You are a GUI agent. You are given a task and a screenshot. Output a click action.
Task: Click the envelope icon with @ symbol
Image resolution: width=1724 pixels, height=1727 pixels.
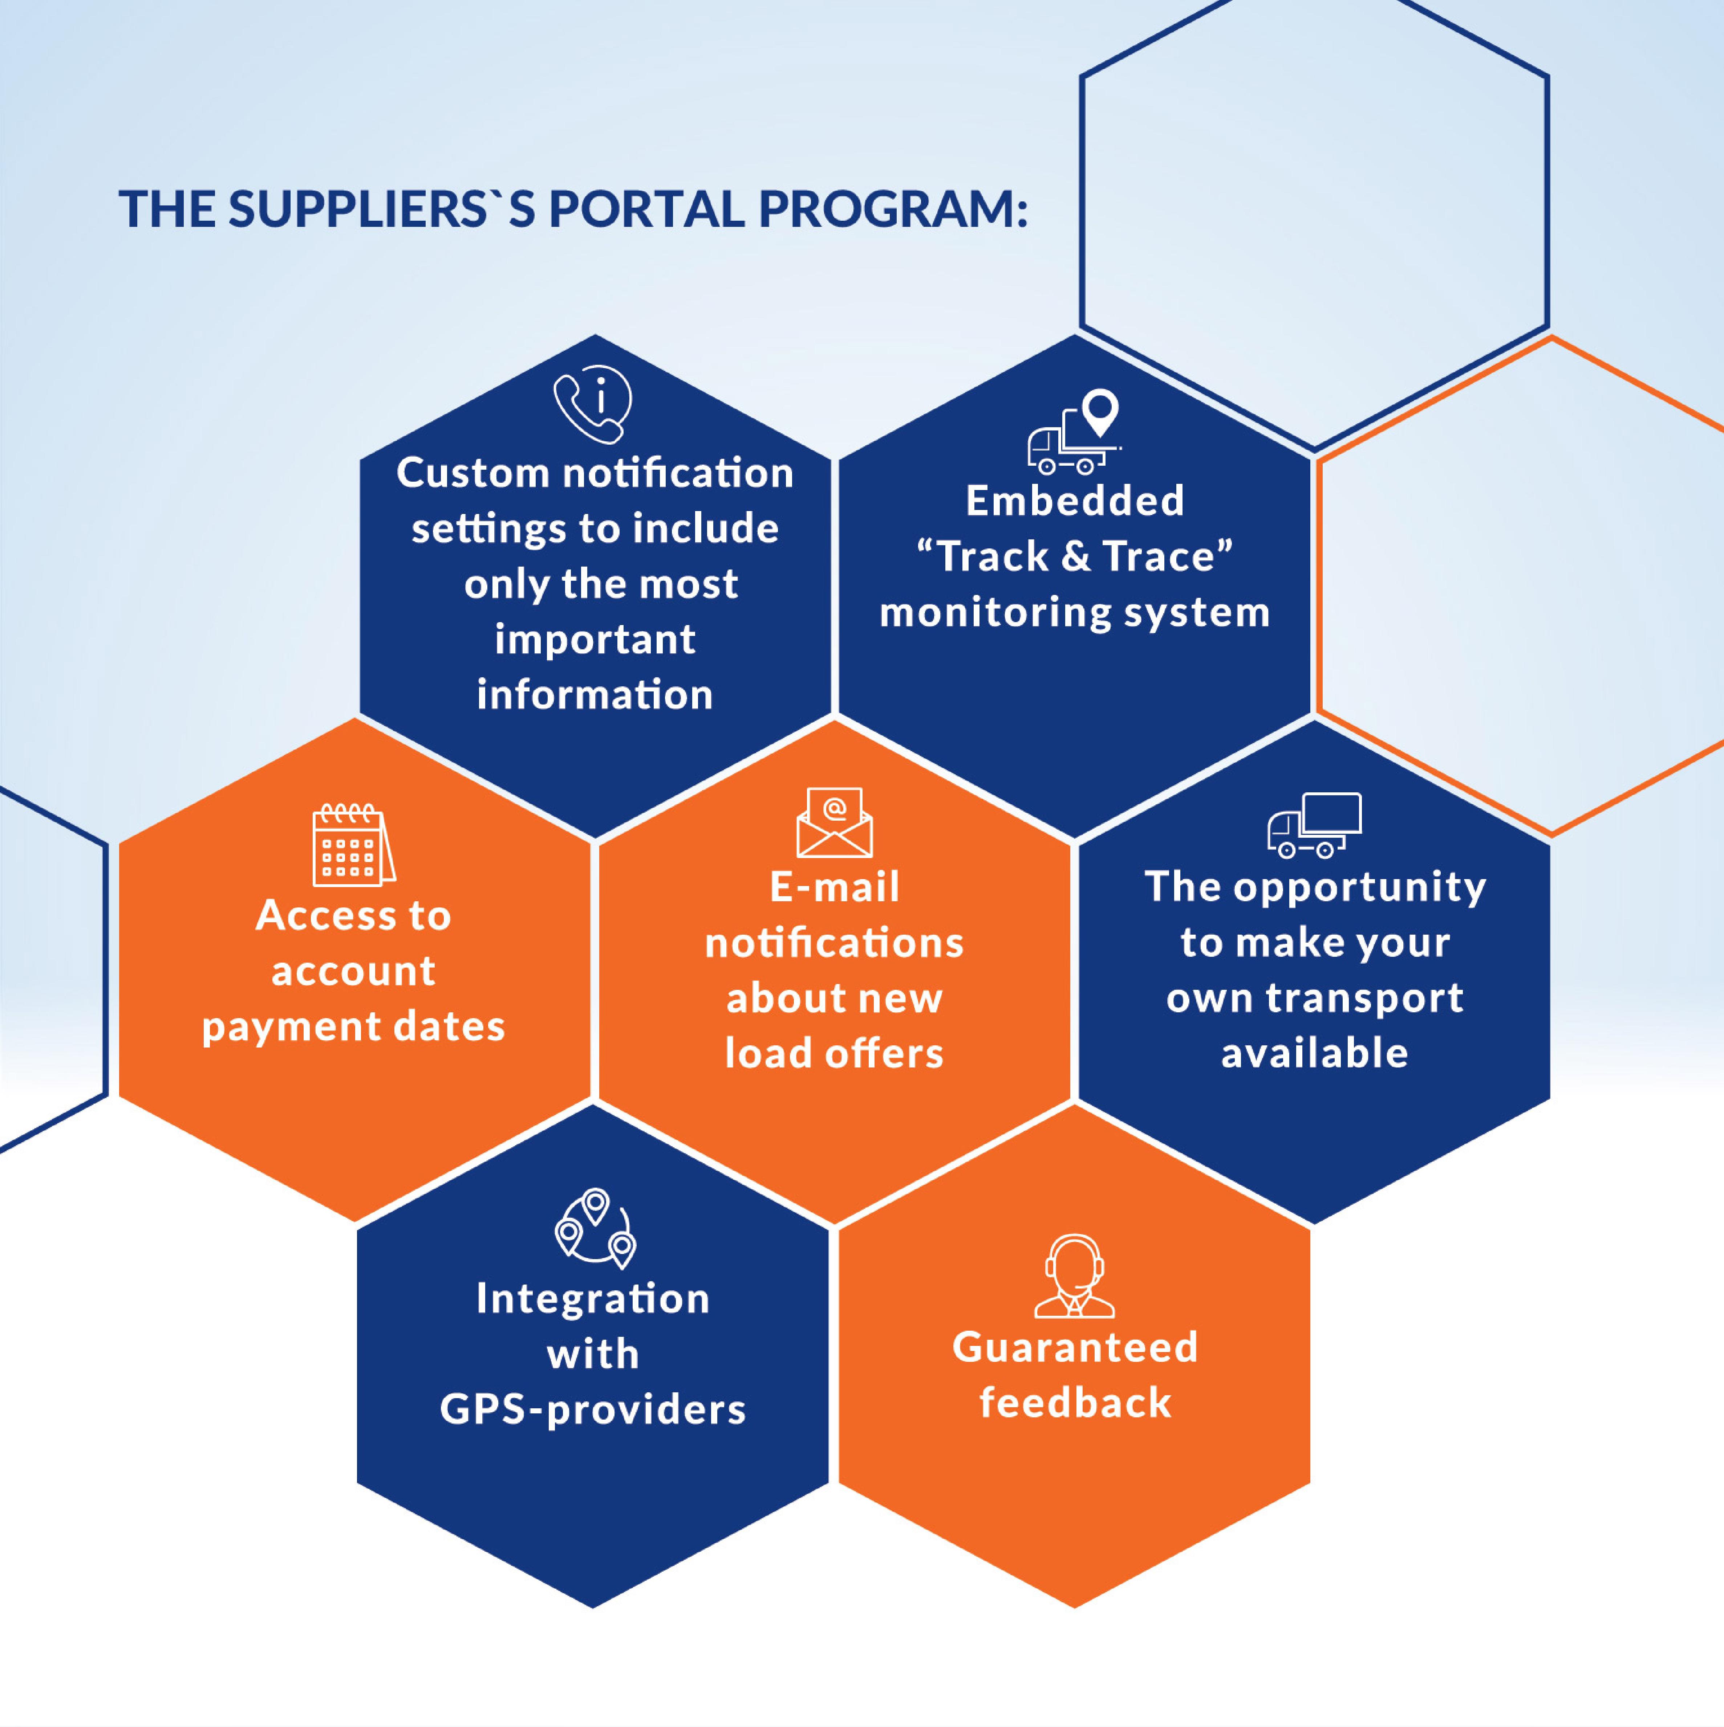(x=834, y=822)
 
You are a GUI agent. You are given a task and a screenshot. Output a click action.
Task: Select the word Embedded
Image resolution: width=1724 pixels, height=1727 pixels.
(x=1075, y=501)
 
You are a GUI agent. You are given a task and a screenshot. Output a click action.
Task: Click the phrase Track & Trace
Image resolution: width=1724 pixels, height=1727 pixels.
(x=1075, y=556)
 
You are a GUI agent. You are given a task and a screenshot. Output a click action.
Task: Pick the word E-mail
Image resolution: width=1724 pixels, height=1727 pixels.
(x=834, y=887)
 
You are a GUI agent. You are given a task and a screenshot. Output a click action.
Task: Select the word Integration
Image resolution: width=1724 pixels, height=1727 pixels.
(x=593, y=1298)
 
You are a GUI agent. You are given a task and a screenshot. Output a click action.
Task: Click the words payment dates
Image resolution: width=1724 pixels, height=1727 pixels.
(x=353, y=1026)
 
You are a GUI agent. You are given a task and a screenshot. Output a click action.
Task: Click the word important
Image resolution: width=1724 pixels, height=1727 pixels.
(x=595, y=639)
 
